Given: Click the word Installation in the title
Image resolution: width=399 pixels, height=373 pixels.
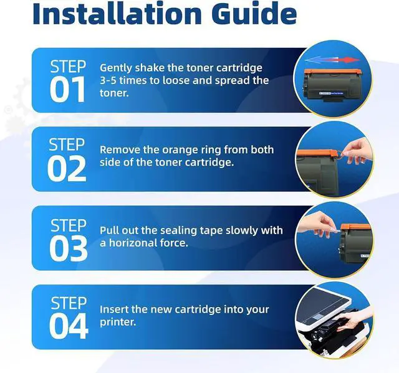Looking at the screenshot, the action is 117,13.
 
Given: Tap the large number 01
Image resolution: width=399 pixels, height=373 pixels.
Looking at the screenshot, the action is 67,90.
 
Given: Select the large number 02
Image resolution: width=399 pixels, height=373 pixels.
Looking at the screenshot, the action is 67,169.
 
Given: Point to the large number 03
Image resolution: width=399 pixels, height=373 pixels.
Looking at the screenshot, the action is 68,248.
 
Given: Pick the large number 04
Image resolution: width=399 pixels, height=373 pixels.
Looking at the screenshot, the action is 69,326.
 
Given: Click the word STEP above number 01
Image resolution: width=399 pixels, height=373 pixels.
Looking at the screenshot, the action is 68,67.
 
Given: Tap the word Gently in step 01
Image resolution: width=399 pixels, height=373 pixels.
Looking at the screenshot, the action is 115,68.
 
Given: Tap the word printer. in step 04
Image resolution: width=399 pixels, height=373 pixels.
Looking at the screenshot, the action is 118,323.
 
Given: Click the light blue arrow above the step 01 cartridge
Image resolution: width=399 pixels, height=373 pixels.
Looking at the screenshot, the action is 319,60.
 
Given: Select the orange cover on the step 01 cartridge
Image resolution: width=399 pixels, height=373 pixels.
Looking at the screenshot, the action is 333,72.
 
